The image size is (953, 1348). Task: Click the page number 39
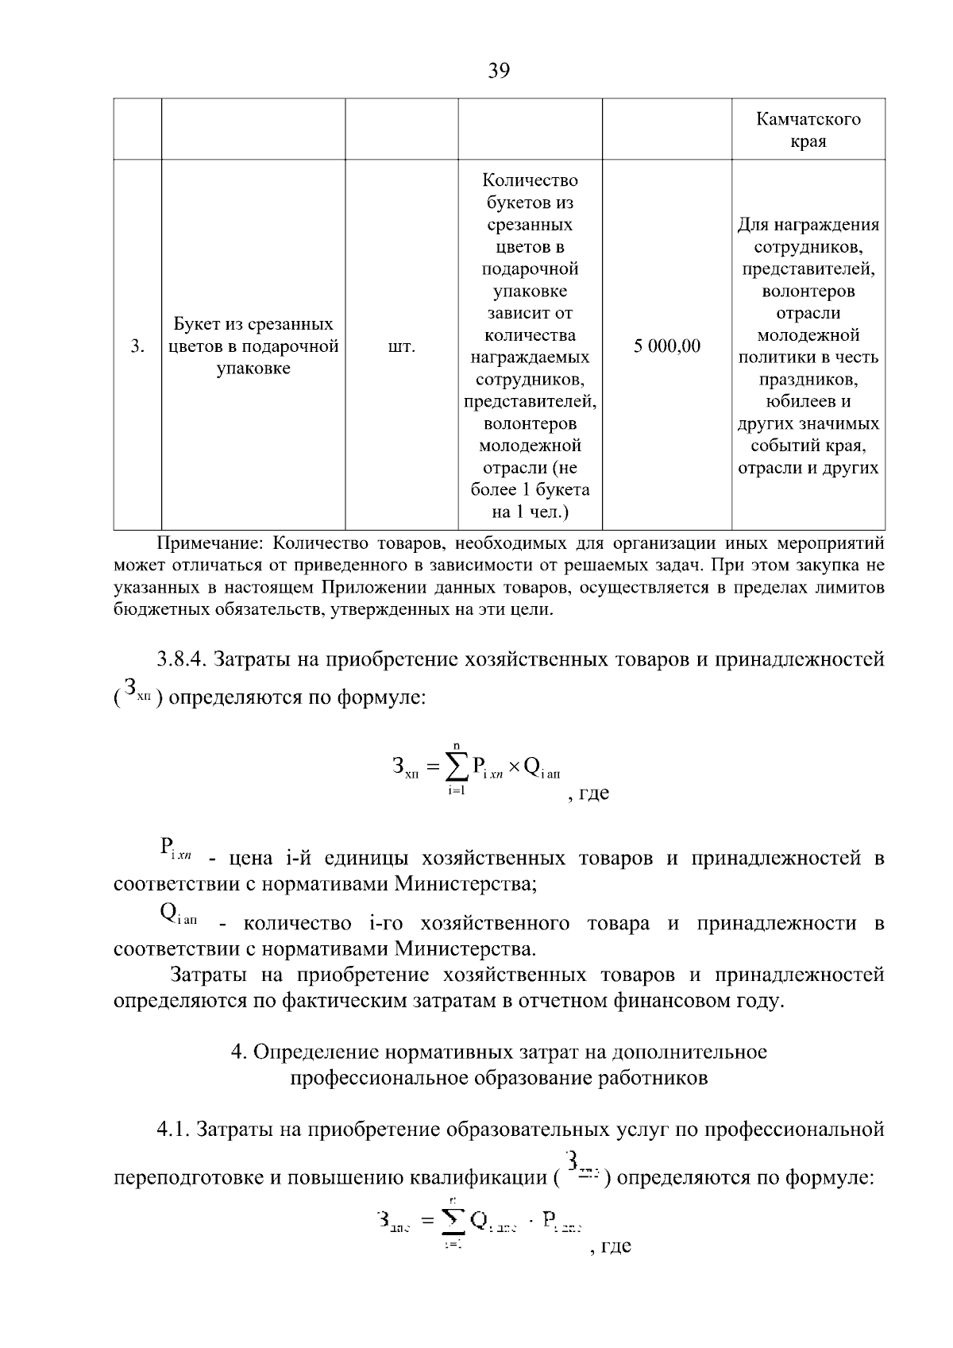pyautogui.click(x=499, y=71)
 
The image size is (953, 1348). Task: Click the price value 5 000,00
pyautogui.click(x=667, y=346)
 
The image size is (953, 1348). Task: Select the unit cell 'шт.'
pyautogui.click(x=401, y=347)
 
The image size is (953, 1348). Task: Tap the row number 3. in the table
pyautogui.click(x=137, y=347)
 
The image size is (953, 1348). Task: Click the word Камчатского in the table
pyautogui.click(x=808, y=119)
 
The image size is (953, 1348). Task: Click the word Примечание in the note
pyautogui.click(x=209, y=544)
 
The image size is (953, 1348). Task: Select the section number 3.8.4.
pyautogui.click(x=182, y=659)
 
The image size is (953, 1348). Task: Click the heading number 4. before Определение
pyautogui.click(x=237, y=1052)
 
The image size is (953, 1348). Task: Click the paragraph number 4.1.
pyautogui.click(x=172, y=1129)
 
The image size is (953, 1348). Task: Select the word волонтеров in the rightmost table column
pyautogui.click(x=808, y=291)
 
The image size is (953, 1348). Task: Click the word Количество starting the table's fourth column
pyautogui.click(x=530, y=180)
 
